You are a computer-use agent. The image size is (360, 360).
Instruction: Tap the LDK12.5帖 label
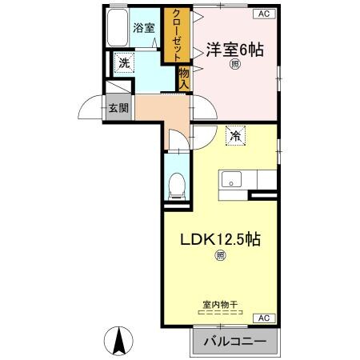coord(219,239)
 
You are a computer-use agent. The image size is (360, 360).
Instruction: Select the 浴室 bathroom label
coord(143,28)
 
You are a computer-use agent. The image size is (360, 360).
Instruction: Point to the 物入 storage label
coord(183,78)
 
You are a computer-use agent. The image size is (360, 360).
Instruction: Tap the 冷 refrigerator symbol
coord(235,136)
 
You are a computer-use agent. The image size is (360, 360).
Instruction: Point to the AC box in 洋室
coord(262,14)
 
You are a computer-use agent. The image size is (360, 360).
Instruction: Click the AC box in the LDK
coord(262,318)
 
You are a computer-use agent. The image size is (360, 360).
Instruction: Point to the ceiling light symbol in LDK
coord(219,257)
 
